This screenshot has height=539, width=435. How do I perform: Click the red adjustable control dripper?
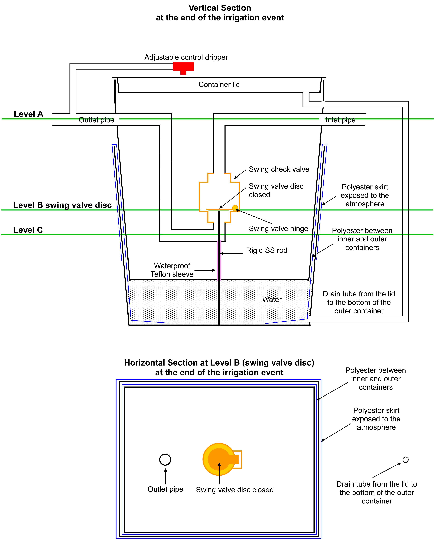click(x=183, y=67)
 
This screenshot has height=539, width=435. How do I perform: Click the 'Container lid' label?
click(x=219, y=85)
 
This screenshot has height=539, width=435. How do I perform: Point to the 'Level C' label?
click(x=28, y=230)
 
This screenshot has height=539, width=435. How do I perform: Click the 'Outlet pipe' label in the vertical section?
click(x=96, y=120)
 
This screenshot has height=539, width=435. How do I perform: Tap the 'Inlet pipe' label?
click(x=341, y=120)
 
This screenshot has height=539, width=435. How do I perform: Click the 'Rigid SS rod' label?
click(x=267, y=250)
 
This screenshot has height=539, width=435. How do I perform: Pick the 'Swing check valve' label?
click(x=279, y=169)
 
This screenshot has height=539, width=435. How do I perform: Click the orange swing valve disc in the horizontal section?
click(x=219, y=459)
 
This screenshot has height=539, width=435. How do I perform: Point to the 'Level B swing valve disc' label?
click(x=62, y=205)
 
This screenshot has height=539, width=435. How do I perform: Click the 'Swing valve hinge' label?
click(x=278, y=229)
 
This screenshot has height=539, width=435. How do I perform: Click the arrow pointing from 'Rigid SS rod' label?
click(x=232, y=253)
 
